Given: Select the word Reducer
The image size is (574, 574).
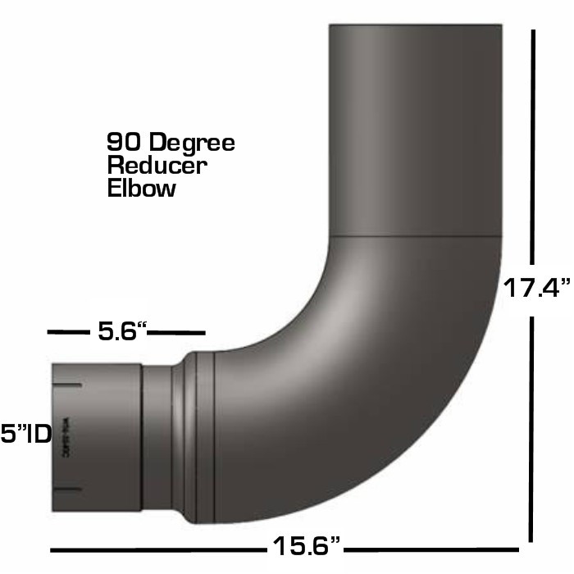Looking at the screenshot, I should (157, 165).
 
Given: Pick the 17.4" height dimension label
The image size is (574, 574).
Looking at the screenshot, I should (536, 288).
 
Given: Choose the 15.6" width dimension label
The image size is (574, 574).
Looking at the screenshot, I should (304, 544).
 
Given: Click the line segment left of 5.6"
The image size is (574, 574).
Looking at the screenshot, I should (68, 332).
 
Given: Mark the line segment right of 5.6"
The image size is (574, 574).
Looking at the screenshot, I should (177, 332).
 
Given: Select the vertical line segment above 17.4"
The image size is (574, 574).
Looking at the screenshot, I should (534, 148).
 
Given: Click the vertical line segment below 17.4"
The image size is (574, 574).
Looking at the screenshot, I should (534, 426).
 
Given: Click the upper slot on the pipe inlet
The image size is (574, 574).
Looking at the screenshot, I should (66, 385).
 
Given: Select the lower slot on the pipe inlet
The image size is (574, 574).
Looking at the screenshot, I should (66, 490).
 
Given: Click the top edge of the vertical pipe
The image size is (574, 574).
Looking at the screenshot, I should (415, 25).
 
